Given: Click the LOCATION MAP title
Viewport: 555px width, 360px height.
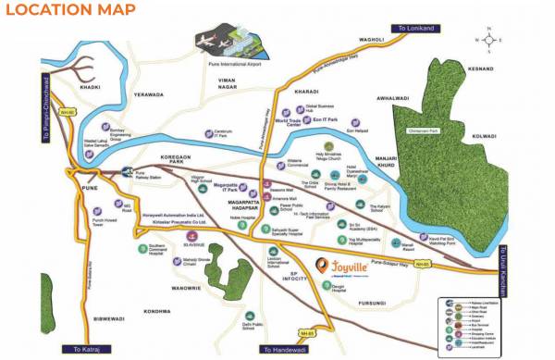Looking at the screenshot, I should tap(69, 12).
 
